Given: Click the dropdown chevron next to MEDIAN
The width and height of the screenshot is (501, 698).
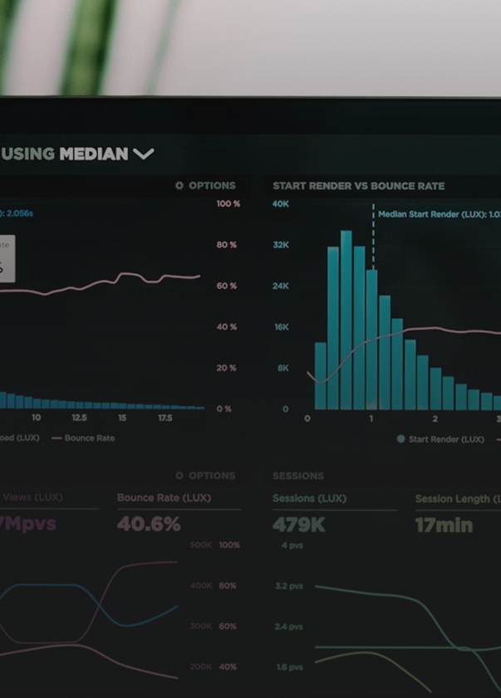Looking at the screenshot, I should pyautogui.click(x=144, y=154).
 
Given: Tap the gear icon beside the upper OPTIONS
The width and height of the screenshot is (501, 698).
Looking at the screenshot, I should pyautogui.click(x=179, y=186).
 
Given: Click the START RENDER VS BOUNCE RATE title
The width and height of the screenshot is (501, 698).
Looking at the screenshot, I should pyautogui.click(x=358, y=186).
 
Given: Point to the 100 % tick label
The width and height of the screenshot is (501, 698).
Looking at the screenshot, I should pyautogui.click(x=228, y=203).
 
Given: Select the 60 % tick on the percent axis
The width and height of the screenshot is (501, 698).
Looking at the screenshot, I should pyautogui.click(x=227, y=286).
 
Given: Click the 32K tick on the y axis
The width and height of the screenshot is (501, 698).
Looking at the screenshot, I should pyautogui.click(x=281, y=245).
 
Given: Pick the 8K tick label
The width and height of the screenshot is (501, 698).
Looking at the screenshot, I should pyautogui.click(x=282, y=368).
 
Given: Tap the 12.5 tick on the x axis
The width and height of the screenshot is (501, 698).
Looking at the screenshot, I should pyautogui.click(x=80, y=418).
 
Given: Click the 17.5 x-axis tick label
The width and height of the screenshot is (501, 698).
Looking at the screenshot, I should pyautogui.click(x=165, y=418).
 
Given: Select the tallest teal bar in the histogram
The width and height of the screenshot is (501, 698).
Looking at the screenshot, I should pyautogui.click(x=346, y=320).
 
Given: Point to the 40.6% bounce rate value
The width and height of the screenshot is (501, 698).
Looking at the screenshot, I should pyautogui.click(x=149, y=525).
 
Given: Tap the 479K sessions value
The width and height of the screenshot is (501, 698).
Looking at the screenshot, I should pyautogui.click(x=299, y=525).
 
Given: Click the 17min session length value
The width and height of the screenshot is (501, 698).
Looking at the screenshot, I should pyautogui.click(x=444, y=525).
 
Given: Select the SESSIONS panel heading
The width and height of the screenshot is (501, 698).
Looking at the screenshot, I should pyautogui.click(x=297, y=476).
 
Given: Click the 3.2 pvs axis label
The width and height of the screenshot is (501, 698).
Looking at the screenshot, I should pyautogui.click(x=290, y=586).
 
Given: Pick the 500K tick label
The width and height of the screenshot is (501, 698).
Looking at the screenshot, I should pyautogui.click(x=201, y=545).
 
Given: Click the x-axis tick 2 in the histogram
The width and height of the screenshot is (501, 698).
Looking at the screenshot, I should pyautogui.click(x=435, y=418).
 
